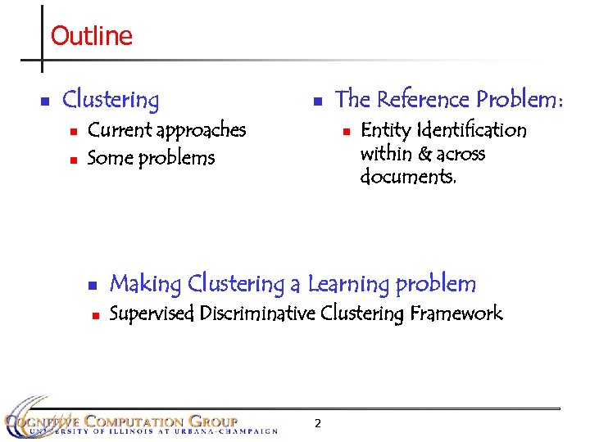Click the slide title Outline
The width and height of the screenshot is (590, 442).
pos(91,36)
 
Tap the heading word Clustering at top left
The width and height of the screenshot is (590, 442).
pos(111,101)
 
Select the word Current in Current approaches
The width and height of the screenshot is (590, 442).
pos(120,130)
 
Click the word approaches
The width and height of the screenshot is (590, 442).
pos(201,131)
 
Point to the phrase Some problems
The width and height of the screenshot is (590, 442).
pos(151,158)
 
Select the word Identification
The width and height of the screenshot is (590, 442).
pos(472,130)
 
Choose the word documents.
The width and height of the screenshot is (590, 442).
pos(408,177)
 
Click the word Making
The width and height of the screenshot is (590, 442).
pos(145,285)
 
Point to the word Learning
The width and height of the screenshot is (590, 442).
pos(348,285)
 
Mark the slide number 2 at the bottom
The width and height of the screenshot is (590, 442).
pos(318,423)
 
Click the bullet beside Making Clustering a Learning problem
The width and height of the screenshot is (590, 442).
pos(92,286)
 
